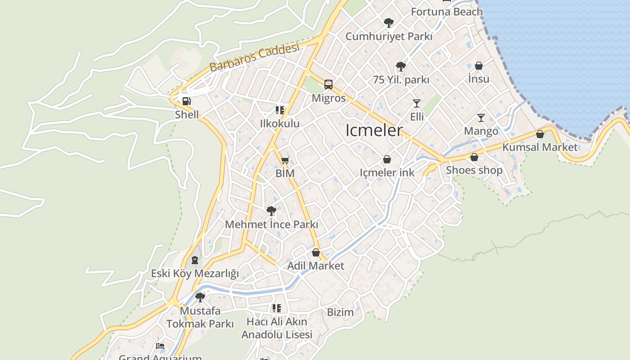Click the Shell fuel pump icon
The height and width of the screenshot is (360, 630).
(186, 101)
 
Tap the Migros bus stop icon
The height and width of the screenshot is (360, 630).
(328, 84)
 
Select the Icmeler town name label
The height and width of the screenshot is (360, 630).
(374, 130)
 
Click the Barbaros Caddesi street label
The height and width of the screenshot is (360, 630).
(254, 58)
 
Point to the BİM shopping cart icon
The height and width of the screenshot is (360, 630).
(285, 160)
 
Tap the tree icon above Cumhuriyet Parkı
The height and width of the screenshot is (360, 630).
(388, 22)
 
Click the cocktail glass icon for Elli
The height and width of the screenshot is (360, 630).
(417, 103)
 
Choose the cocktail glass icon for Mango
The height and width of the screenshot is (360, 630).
(481, 118)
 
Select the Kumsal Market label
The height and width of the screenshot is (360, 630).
(540, 147)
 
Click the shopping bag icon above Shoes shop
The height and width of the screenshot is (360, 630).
(474, 157)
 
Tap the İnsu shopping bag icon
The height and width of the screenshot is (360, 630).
(479, 66)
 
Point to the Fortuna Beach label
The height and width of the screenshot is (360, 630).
(446, 12)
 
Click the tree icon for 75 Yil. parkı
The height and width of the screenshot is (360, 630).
(400, 67)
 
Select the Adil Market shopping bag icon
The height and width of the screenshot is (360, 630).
(316, 252)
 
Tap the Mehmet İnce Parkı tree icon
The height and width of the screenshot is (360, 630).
(271, 211)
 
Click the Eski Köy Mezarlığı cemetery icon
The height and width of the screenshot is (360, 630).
(194, 260)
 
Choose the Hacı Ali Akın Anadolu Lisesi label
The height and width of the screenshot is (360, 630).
(277, 328)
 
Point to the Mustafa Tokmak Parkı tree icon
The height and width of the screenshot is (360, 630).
(200, 297)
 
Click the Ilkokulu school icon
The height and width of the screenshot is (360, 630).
(280, 110)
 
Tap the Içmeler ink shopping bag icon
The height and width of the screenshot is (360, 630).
(387, 159)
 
